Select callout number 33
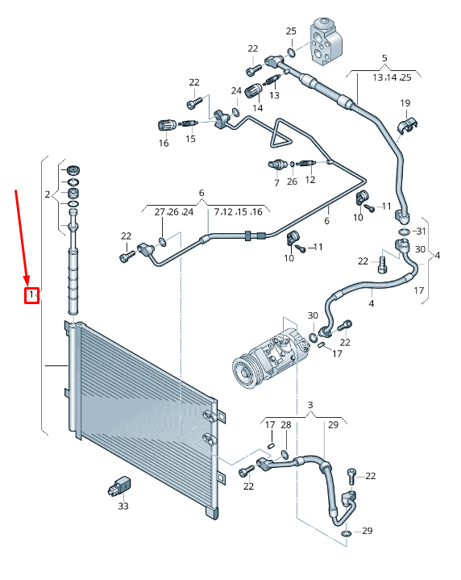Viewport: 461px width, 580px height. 123,507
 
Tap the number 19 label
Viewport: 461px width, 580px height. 405,103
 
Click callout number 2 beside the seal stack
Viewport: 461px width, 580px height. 48,194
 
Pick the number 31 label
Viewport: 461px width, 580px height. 419,232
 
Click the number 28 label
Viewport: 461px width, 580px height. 286,424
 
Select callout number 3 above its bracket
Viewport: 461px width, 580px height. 309,404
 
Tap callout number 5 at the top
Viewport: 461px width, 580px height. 384,57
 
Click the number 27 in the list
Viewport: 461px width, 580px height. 160,211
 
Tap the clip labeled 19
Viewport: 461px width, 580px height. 409,124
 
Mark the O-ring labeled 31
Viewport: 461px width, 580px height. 402,232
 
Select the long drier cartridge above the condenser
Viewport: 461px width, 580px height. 74,278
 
